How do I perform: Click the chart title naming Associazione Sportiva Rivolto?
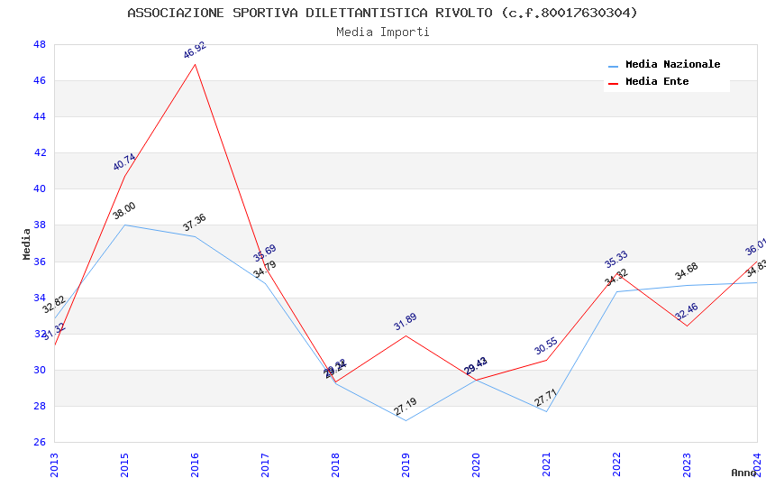[x=382, y=13]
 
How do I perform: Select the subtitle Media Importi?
[x=382, y=32]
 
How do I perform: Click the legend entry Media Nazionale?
[x=672, y=64]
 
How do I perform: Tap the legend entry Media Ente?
[x=657, y=81]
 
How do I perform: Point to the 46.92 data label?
[x=195, y=50]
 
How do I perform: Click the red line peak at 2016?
[x=195, y=64]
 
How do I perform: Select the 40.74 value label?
[x=124, y=162]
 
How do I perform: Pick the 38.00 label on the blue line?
[x=124, y=211]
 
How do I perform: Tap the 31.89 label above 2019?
[x=406, y=322]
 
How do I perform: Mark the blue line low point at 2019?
[x=406, y=420]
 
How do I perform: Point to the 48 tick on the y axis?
[x=40, y=44]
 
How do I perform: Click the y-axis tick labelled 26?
[x=40, y=442]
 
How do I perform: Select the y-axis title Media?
[x=27, y=243]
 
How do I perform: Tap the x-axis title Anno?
[x=744, y=473]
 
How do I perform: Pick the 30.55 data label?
[x=546, y=346]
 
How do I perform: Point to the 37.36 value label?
[x=195, y=223]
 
